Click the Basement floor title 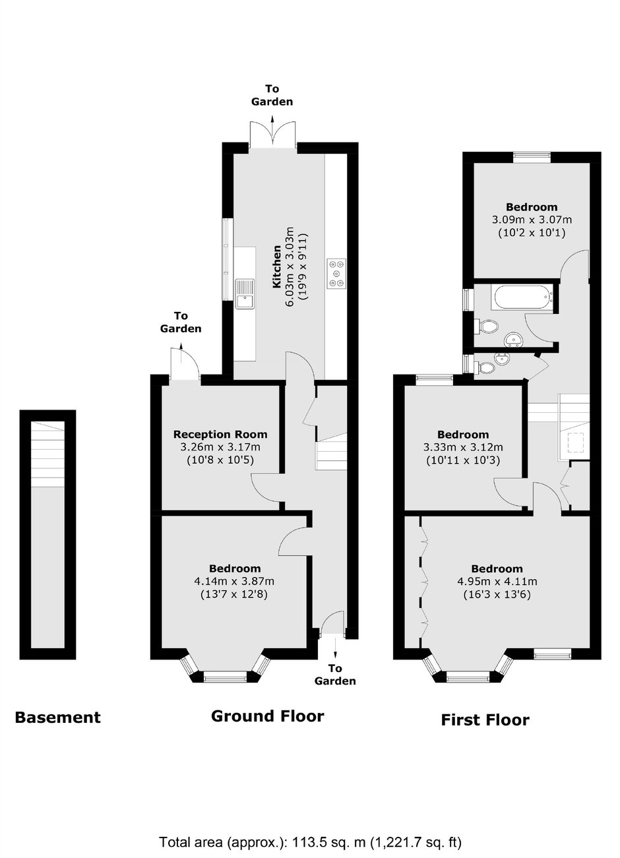tap(57, 718)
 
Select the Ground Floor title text tap(268, 716)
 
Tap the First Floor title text tap(485, 720)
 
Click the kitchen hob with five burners tap(336, 273)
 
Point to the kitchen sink tap(245, 293)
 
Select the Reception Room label tap(220, 435)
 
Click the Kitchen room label tap(276, 266)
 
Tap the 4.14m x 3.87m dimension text tap(234, 581)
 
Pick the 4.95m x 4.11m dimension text tap(497, 582)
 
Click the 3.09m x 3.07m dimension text tap(532, 220)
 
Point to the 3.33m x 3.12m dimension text tap(463, 447)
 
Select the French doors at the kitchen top tap(272, 135)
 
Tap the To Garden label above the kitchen tap(272, 95)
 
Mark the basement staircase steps tap(47, 454)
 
